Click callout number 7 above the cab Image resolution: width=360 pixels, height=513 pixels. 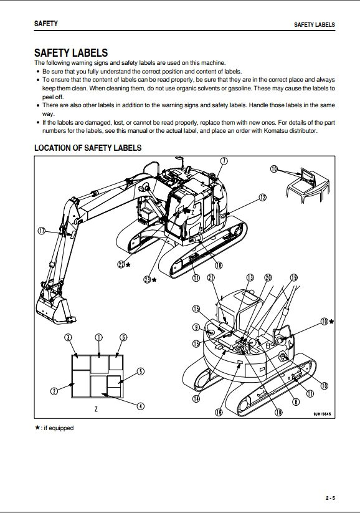[x=224, y=161]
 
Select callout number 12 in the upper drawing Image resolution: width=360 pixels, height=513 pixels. [x=263, y=197]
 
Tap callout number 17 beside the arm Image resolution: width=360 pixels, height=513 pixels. [x=42, y=231]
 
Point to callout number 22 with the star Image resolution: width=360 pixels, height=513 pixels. [x=121, y=264]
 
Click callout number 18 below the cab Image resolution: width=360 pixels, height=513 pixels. [x=219, y=265]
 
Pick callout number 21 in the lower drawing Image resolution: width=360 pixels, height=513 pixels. [x=211, y=278]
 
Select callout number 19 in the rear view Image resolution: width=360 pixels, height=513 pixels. [x=294, y=278]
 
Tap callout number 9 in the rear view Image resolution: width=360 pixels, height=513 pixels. [x=196, y=327]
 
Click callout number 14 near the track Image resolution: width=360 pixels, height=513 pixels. [x=196, y=398]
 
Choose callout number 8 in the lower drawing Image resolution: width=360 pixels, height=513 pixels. [x=296, y=401]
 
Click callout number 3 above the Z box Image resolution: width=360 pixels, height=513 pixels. [x=68, y=337]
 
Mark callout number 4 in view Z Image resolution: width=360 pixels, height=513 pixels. [x=140, y=406]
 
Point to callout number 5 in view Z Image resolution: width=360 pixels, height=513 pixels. [x=140, y=372]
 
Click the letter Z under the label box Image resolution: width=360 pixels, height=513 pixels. [x=96, y=409]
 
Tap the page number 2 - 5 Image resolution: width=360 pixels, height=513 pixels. [x=330, y=498]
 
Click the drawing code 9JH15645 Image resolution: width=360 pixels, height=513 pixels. [x=323, y=414]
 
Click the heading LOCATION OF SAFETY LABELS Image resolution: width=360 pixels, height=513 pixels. [x=88, y=148]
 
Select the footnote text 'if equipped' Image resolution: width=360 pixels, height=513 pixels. [x=59, y=428]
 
